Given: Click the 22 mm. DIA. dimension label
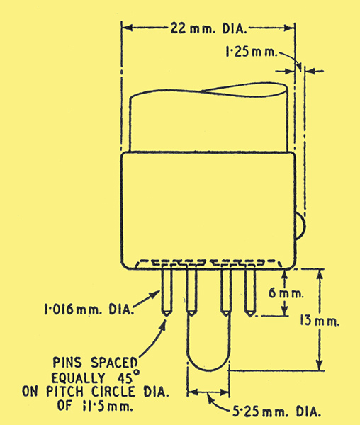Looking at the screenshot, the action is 209,28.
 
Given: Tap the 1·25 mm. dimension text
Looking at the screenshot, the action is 252,52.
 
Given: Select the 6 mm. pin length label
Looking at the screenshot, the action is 286,293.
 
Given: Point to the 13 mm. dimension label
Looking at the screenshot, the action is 320,321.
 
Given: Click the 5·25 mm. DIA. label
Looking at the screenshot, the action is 276,412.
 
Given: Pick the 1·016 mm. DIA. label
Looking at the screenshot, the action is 89,309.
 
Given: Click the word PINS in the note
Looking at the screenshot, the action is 67,363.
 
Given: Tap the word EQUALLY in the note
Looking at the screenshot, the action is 78,378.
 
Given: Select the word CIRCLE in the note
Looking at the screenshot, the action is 113,392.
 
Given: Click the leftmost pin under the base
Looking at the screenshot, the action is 167,291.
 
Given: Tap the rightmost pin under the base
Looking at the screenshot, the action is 250,292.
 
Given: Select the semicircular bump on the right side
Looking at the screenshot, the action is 300,227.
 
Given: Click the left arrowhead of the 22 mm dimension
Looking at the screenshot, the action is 128,28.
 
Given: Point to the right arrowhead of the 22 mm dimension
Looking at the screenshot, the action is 289,28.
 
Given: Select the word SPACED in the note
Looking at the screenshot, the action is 114,363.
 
